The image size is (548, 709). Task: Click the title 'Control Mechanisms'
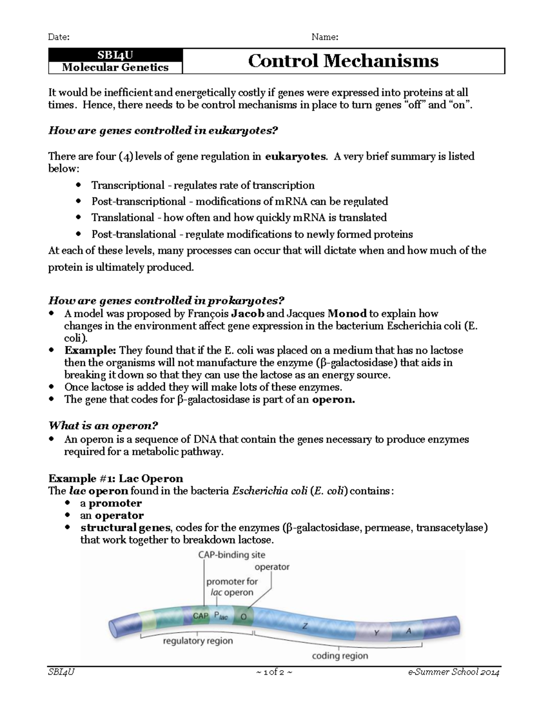tap(343, 61)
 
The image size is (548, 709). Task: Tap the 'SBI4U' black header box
tap(115, 55)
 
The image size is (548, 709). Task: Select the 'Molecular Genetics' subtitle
tap(115, 68)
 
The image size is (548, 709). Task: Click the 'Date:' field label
tap(59, 37)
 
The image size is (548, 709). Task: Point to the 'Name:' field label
tap(325, 37)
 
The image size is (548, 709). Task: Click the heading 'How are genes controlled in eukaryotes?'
tap(163, 131)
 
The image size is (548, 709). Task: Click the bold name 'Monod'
tap(347, 314)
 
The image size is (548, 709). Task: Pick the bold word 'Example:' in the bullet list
tap(90, 351)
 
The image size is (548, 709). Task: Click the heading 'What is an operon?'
tap(103, 425)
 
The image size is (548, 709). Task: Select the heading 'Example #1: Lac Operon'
tap(116, 478)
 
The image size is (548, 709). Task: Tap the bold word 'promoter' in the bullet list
tap(115, 503)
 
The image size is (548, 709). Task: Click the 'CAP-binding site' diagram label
tap(231, 555)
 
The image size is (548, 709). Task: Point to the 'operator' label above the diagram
tap(272, 567)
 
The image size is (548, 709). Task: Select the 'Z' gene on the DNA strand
tap(305, 626)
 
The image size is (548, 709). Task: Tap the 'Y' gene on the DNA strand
tap(376, 632)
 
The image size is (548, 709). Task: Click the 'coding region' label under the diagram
tap(339, 656)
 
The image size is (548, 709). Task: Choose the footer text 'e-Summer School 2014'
tap(454, 672)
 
